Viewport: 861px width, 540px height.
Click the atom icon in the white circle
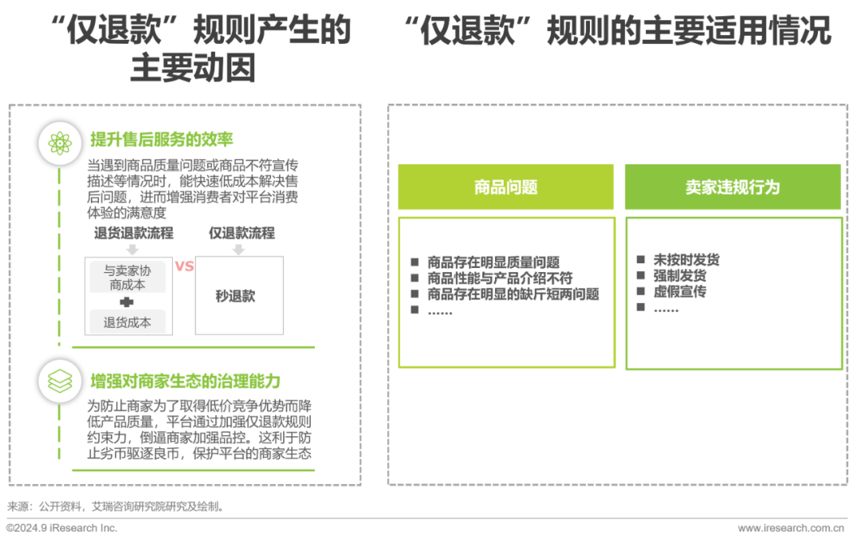(60, 144)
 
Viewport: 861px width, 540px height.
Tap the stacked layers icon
(60, 382)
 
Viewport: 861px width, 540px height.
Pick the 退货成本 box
(128, 322)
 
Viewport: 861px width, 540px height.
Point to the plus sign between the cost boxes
(126, 302)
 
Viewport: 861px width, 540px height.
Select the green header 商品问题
(505, 187)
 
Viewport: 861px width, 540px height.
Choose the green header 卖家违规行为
(732, 187)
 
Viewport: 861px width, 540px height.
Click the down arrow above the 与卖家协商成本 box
(132, 249)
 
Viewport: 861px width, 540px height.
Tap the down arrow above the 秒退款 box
(238, 249)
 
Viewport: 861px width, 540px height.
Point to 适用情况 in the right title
(760, 32)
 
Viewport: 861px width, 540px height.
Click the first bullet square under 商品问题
(414, 262)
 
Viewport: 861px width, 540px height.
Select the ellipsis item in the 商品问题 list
(440, 312)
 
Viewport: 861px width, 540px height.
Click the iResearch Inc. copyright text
(62, 528)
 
